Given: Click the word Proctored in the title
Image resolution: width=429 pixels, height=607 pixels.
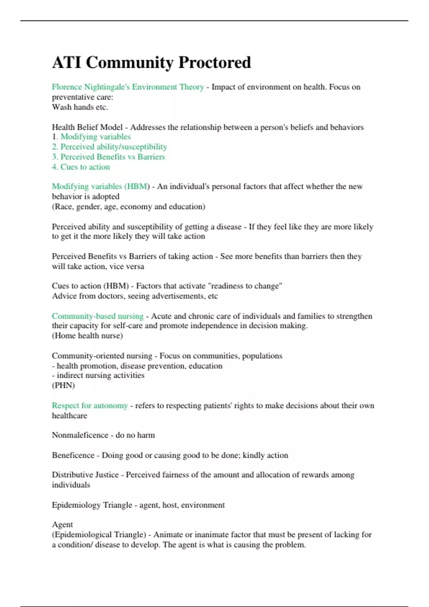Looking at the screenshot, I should point(214,62).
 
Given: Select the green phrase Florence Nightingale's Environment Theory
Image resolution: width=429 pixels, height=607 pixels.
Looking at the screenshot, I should point(128,87).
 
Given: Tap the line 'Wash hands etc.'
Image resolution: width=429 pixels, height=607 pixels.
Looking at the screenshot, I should point(80,107).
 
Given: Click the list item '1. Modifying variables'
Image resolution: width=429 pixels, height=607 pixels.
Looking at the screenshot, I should point(91,137).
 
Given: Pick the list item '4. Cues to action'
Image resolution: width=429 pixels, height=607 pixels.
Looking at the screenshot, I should point(81,167).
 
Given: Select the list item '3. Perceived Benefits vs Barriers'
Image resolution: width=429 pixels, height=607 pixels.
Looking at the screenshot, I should point(108,157).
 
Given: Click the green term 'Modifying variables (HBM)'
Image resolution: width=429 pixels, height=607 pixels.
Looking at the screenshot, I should point(100,186).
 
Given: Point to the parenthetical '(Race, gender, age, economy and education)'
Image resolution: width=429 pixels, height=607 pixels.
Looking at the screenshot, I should point(128,206).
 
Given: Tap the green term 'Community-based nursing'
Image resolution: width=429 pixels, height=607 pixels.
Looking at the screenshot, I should point(97,316).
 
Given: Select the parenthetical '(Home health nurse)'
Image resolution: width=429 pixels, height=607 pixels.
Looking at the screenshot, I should point(87,336).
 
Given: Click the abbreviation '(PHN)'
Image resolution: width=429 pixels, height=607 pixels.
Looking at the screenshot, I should point(63,385).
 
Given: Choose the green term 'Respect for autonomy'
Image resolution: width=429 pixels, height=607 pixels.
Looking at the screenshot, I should point(90,406).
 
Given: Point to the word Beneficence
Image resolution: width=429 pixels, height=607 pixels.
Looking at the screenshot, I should point(73,455).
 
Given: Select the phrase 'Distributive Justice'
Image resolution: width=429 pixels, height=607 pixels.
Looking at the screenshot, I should point(85,475).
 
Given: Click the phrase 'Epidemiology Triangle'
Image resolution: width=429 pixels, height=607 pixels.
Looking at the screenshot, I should point(92,505).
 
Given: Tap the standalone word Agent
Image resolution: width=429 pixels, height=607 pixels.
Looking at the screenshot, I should point(62,525).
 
